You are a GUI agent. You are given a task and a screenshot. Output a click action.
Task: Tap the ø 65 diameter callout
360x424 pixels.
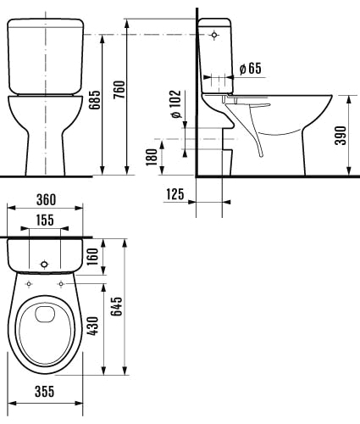pos(250,68)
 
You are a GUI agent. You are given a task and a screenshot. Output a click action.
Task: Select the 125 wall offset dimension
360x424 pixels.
pos(175,195)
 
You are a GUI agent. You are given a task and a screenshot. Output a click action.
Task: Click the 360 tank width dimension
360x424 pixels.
pos(46,200)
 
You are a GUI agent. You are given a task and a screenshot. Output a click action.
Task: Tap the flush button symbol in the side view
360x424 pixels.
pos(214,36)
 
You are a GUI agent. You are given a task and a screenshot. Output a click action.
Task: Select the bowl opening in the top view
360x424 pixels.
pos(46,331)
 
